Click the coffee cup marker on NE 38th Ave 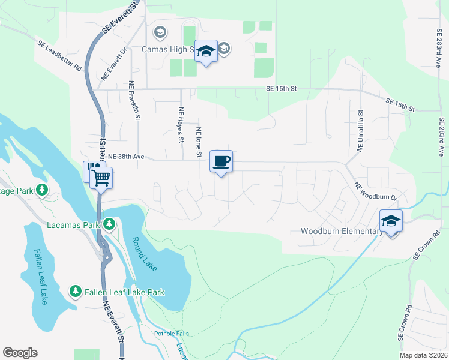click(x=221, y=161)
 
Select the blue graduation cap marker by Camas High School click(x=206, y=52)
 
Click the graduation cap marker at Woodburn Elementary click(x=391, y=221)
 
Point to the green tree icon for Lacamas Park click(x=109, y=224)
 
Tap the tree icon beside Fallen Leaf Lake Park click(x=75, y=292)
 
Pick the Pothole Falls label click(x=172, y=334)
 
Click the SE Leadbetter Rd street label click(x=59, y=56)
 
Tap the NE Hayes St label click(x=181, y=125)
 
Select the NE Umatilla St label click(x=361, y=131)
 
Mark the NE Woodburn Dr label click(x=376, y=191)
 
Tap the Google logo click(x=20, y=353)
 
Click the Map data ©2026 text click(x=423, y=355)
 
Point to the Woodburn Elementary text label click(x=341, y=232)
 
